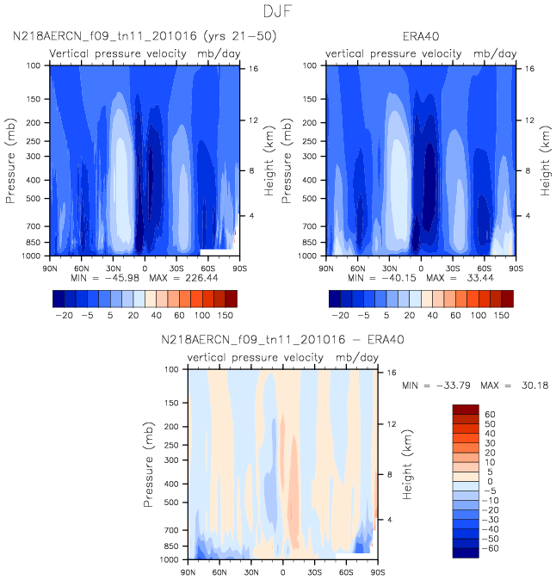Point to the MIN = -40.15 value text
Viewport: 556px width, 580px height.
pyautogui.click(x=373, y=278)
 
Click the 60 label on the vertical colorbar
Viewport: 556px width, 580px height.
pyautogui.click(x=490, y=414)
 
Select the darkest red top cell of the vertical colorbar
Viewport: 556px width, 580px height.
pyautogui.click(x=464, y=409)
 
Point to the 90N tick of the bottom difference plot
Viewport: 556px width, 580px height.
pyautogui.click(x=188, y=571)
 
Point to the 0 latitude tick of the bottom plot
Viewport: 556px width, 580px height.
pyautogui.click(x=282, y=571)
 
